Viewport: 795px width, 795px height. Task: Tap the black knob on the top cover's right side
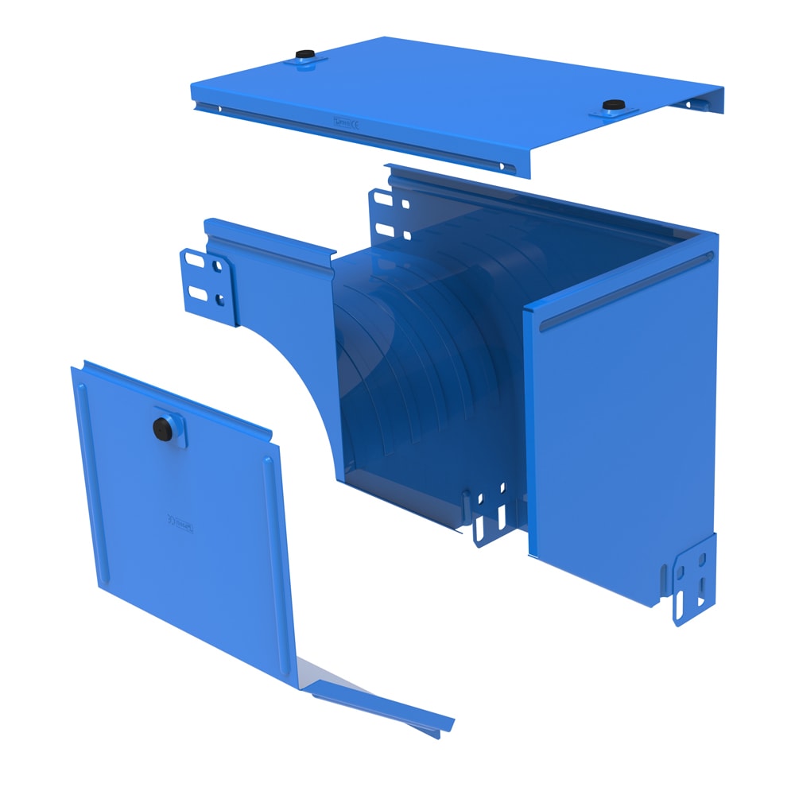[x=611, y=105]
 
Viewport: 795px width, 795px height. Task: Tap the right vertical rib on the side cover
[x=274, y=549]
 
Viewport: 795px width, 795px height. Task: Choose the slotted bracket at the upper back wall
[x=390, y=211]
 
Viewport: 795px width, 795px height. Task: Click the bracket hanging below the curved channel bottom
[x=491, y=513]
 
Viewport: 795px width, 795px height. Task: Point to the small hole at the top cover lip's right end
[x=502, y=166]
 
